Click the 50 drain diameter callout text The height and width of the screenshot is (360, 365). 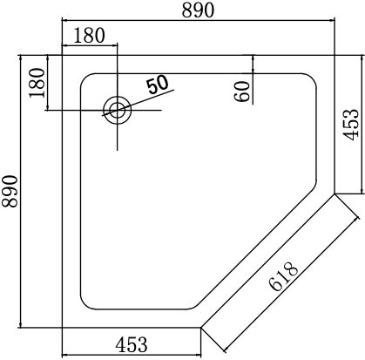tap(158, 85)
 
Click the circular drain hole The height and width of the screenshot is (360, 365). tap(116, 110)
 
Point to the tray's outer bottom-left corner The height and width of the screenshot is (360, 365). tap(62, 327)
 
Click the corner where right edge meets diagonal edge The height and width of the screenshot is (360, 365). tap(335, 193)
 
